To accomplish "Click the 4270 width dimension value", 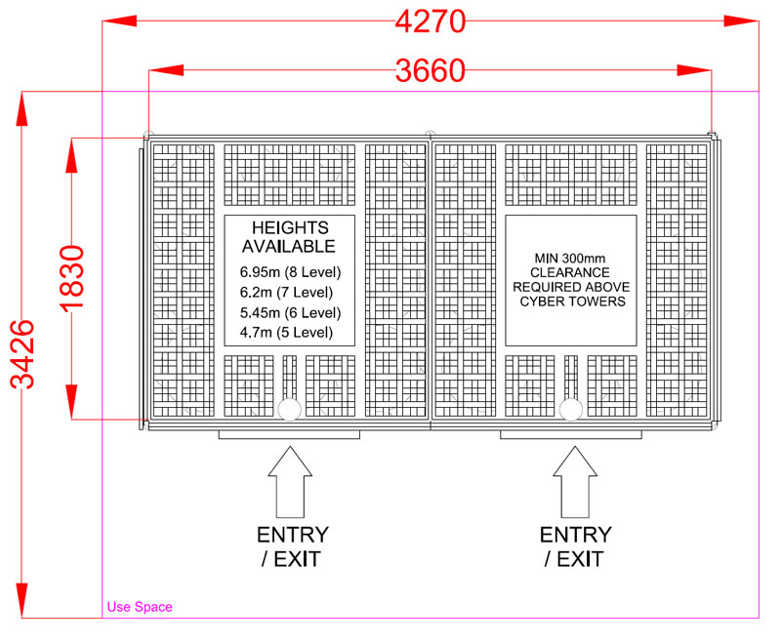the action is [x=431, y=22].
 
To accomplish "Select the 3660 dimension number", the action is [x=431, y=70].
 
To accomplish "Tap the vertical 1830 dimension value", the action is [x=72, y=279].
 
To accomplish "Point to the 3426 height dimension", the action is [x=22, y=354].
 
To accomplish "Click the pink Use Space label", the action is [x=140, y=607].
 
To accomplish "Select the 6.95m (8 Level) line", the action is [x=290, y=272].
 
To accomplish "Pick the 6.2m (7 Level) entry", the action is [x=286, y=292].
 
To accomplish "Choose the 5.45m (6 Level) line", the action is [x=290, y=312].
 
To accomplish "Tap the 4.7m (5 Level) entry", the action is [x=286, y=332].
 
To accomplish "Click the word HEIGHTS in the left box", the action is [x=290, y=227].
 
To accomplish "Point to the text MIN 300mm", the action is [x=570, y=259].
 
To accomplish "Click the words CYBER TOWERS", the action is [x=573, y=302].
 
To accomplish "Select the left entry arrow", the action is [x=290, y=482].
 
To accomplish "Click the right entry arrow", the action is [x=575, y=482].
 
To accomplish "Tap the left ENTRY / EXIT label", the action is [x=293, y=547].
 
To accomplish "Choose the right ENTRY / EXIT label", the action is [x=576, y=547].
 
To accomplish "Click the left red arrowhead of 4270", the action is [x=119, y=20].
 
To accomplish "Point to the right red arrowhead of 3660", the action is [x=694, y=70].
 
